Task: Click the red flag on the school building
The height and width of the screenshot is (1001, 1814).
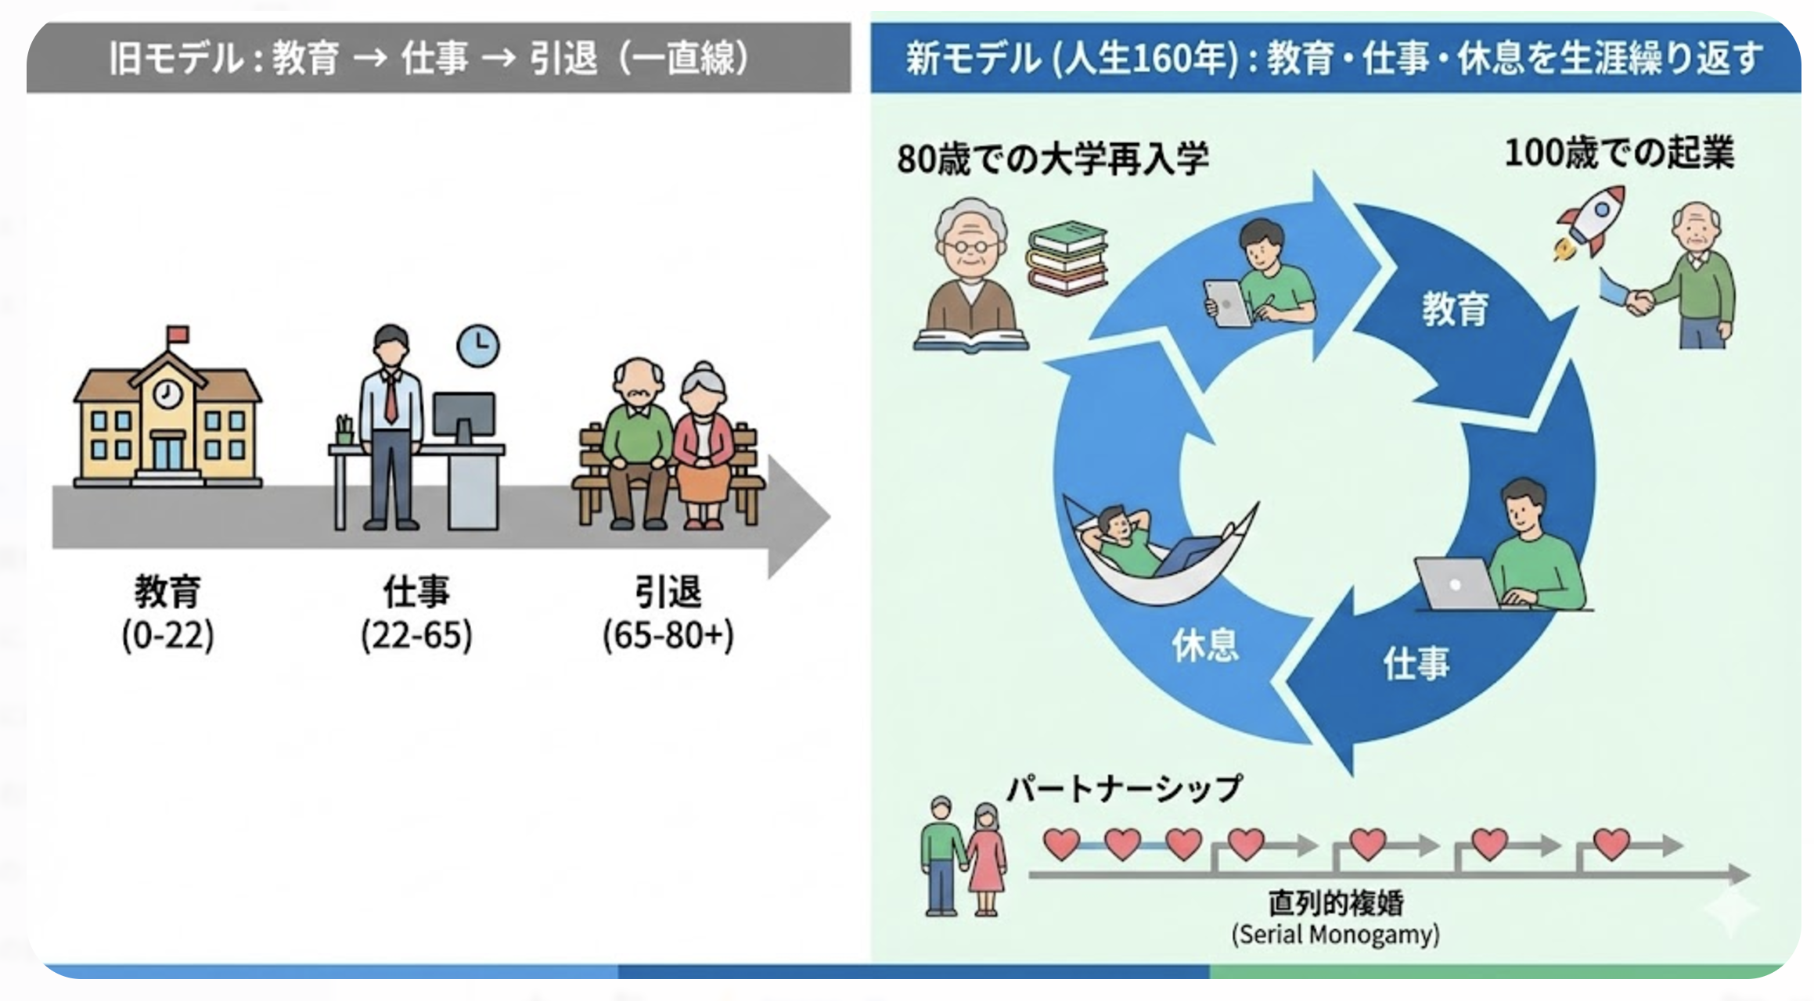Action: pos(179,334)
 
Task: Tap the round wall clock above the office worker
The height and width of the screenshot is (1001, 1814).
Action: pos(477,346)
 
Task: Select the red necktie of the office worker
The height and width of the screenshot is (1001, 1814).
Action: pos(391,398)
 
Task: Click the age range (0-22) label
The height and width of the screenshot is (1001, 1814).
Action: pos(167,636)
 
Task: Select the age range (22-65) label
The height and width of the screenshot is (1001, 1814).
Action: pos(416,636)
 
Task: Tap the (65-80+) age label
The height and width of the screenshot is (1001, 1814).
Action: pos(668,636)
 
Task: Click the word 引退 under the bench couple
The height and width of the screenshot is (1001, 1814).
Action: pos(668,592)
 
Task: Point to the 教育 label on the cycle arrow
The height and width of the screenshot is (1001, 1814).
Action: pos(1455,309)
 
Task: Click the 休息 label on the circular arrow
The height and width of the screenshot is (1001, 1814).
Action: pos(1205,646)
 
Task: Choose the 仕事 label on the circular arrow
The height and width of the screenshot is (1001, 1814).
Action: pos(1416,664)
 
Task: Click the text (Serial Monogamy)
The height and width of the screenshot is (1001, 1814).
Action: pos(1335,935)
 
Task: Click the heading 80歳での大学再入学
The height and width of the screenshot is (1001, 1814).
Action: pos(1053,159)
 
